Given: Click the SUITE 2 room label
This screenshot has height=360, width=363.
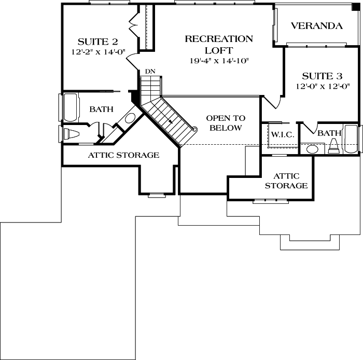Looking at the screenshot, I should [98, 41].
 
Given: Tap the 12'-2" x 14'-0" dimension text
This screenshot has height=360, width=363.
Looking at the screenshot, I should [98, 52].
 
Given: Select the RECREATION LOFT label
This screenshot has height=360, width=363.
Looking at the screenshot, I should [219, 45].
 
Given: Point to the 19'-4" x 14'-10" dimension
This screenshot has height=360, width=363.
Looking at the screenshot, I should [218, 61].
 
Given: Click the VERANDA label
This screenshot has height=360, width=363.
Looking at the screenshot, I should [316, 26].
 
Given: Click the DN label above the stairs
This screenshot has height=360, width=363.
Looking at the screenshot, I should [149, 71].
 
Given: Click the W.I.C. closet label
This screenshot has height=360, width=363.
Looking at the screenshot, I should [283, 134].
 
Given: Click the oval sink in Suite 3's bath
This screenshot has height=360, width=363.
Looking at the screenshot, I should [313, 149].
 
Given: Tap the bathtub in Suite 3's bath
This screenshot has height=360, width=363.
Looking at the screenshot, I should [352, 140].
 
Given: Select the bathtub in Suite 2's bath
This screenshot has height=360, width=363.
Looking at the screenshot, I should [69, 107].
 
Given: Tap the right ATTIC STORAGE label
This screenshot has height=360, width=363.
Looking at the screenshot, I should [287, 181].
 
